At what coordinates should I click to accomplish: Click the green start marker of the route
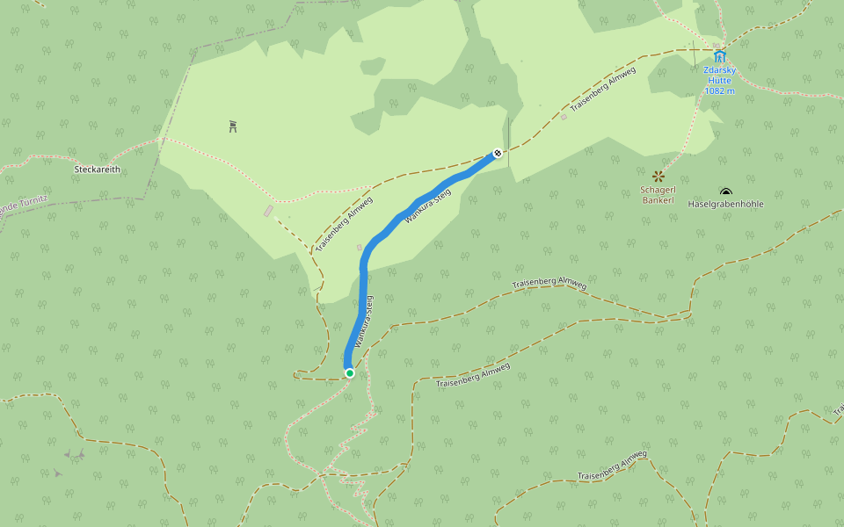[349, 373]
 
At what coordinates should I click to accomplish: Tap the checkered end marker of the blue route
[498, 154]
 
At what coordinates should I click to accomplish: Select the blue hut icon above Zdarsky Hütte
[719, 56]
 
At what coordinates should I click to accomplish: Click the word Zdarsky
[719, 70]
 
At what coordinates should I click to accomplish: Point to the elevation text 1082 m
[719, 90]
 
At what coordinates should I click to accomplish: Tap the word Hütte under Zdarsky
[719, 80]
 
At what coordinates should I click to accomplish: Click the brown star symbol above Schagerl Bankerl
[658, 177]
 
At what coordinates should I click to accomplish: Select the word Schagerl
[658, 190]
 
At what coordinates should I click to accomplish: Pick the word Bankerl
[658, 200]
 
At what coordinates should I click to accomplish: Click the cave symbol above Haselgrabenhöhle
[725, 192]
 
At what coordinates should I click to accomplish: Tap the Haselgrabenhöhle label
[726, 205]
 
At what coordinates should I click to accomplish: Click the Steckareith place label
[98, 170]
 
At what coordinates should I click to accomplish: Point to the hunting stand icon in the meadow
[233, 126]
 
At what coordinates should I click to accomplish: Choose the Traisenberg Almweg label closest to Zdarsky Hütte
[602, 92]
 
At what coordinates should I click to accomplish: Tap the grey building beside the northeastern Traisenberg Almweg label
[564, 116]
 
